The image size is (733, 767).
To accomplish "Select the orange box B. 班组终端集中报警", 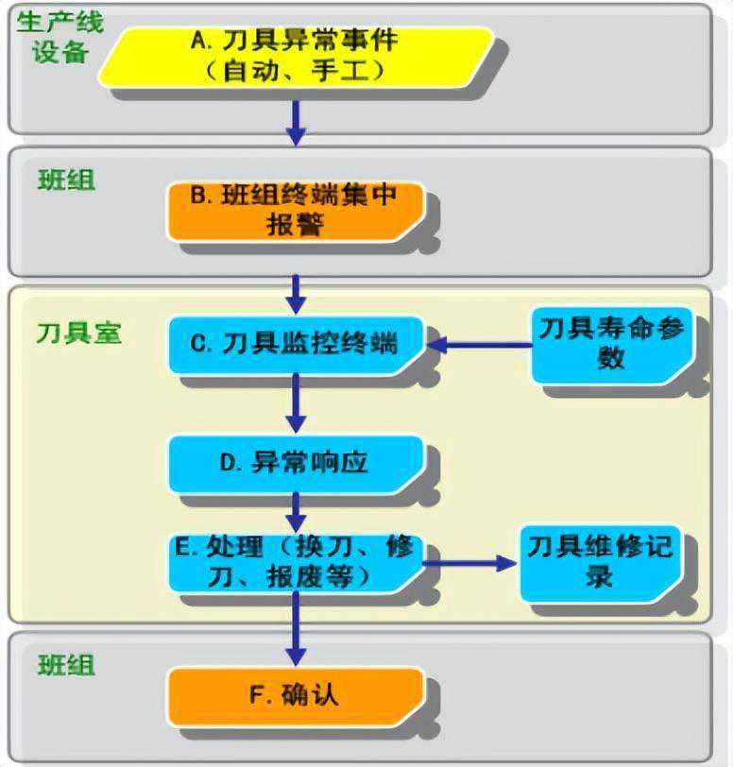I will [x=296, y=210].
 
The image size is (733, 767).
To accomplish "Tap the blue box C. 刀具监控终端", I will [x=296, y=344].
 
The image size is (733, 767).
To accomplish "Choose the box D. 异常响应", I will [x=296, y=463].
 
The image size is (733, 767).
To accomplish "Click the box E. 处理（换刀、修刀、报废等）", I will [x=296, y=561].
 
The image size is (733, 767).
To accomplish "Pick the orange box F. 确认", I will [x=296, y=696].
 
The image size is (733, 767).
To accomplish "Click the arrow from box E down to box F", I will [x=296, y=627].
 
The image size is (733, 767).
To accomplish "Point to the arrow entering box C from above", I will [x=296, y=294].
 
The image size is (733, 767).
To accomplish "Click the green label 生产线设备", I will [x=60, y=36].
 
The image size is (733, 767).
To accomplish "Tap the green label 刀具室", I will [x=79, y=332].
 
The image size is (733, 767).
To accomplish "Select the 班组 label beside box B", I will [x=67, y=179].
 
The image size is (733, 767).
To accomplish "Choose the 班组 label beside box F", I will [x=67, y=665].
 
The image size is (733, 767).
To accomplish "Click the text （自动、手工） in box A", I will [x=296, y=70].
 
